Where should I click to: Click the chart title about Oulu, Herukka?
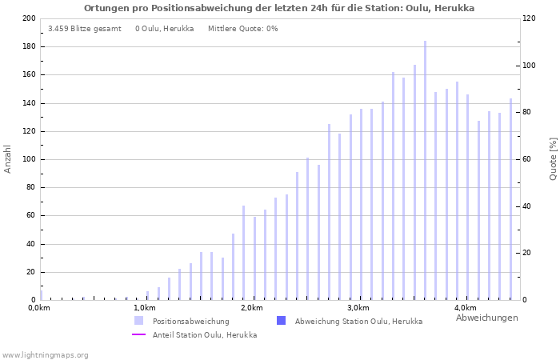pyautogui.click(x=279, y=8)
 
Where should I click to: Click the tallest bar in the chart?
pyautogui.click(x=425, y=170)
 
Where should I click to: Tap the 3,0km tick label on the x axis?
pyautogui.click(x=358, y=308)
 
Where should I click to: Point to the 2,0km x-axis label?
pyautogui.click(x=251, y=308)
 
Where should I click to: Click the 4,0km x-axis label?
pyautogui.click(x=465, y=308)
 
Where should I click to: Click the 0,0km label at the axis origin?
pyautogui.click(x=39, y=308)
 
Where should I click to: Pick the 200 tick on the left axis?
pyautogui.click(x=29, y=18)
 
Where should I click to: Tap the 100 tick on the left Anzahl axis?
pyautogui.click(x=29, y=159)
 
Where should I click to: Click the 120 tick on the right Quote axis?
pyautogui.click(x=530, y=18)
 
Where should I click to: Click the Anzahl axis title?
pyautogui.click(x=8, y=159)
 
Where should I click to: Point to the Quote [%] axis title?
pyautogui.click(x=553, y=158)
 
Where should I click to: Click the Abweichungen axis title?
pyautogui.click(x=486, y=318)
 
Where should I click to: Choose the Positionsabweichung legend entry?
pyautogui.click(x=190, y=321)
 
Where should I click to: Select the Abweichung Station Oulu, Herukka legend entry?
pyautogui.click(x=358, y=321)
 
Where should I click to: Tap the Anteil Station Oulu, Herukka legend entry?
pyautogui.click(x=204, y=334)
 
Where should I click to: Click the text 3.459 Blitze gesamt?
pyautogui.click(x=85, y=29)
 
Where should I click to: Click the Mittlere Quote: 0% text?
pyautogui.click(x=242, y=29)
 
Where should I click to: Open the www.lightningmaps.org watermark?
pyautogui.click(x=46, y=354)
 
